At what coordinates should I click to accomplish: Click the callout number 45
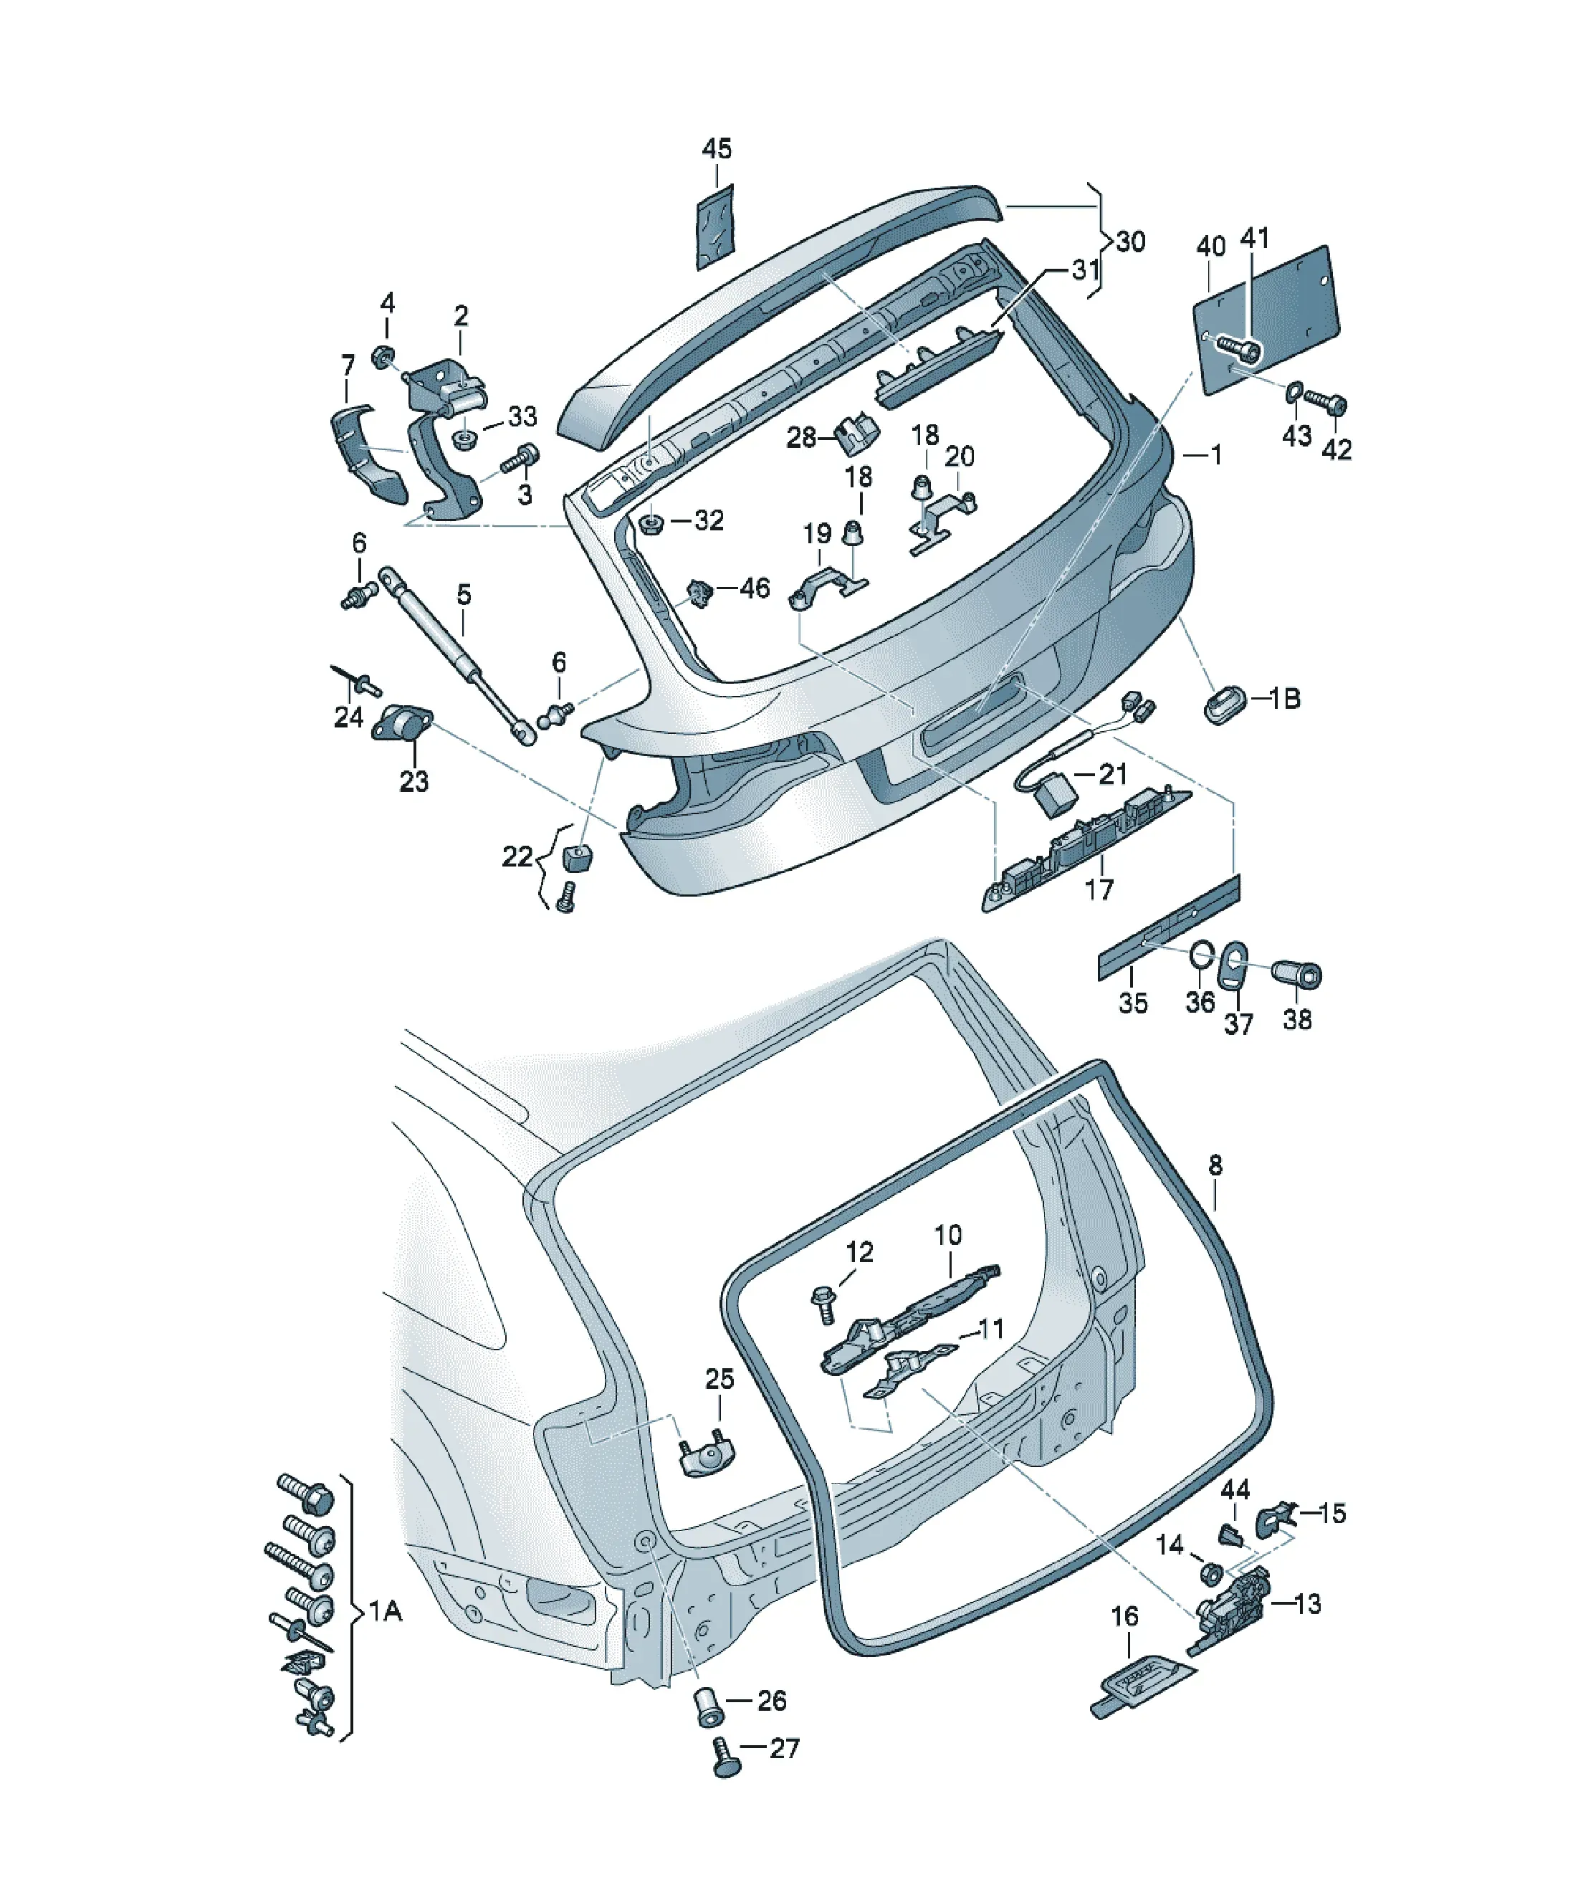click(x=717, y=148)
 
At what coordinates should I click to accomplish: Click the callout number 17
click(x=1099, y=889)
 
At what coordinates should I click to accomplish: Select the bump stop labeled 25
click(x=707, y=1455)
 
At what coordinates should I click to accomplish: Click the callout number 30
click(x=1131, y=242)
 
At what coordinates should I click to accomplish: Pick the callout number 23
click(x=413, y=780)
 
